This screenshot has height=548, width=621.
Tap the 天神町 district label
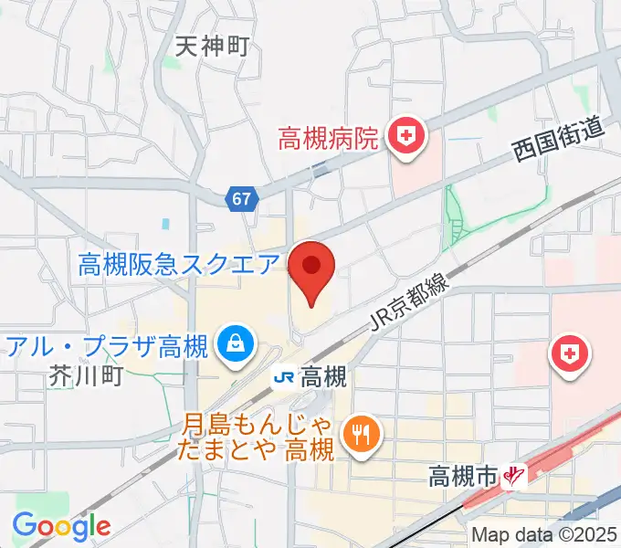click(212, 45)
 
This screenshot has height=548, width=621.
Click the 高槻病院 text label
click(328, 139)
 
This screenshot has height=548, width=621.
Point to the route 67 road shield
click(240, 198)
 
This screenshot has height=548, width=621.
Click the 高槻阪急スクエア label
click(179, 265)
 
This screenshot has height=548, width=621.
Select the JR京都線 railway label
click(410, 303)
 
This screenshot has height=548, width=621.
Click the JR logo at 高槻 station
click(283, 376)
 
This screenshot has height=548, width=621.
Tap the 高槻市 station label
click(463, 476)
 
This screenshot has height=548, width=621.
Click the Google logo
click(61, 525)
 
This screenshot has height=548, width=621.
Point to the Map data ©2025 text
click(544, 535)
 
